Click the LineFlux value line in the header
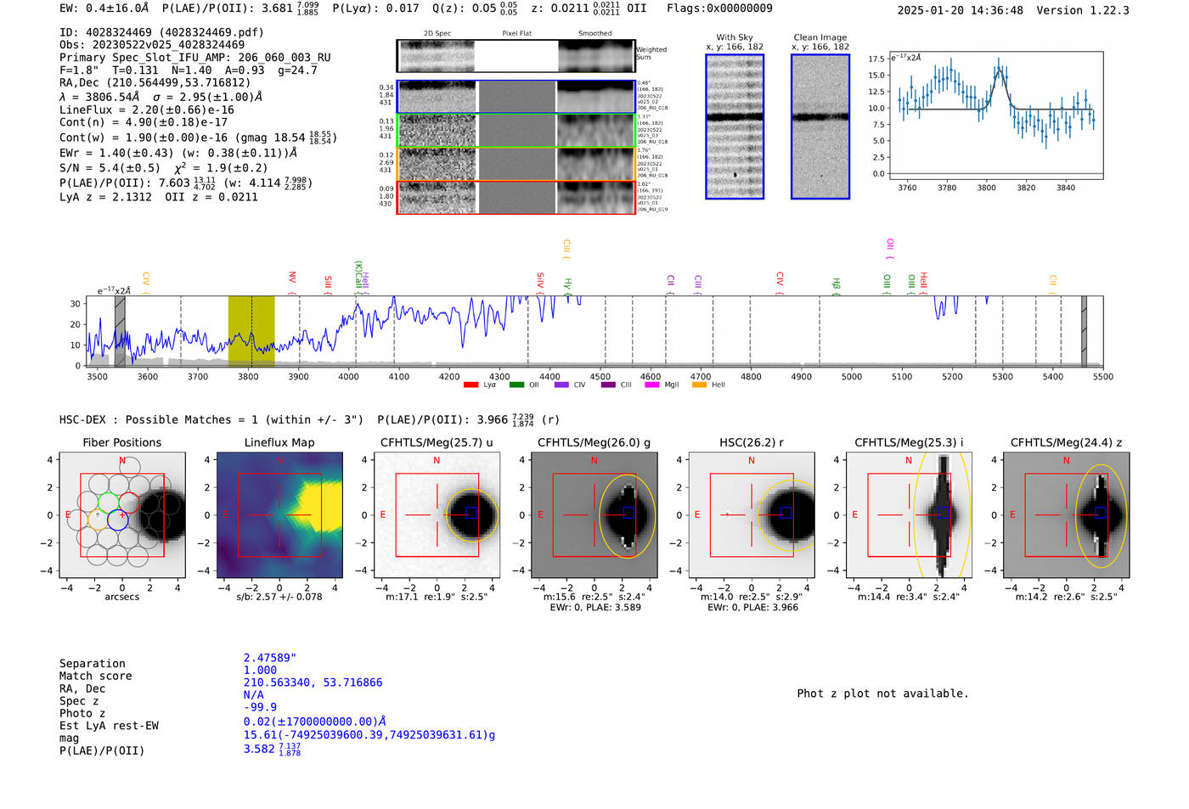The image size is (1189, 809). (x=147, y=110)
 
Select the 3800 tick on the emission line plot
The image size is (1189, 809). (x=986, y=188)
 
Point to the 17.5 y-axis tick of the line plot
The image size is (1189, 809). (x=876, y=59)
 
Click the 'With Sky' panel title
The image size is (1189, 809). (x=735, y=37)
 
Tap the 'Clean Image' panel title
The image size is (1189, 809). (x=820, y=37)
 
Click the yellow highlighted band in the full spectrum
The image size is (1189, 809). (x=251, y=330)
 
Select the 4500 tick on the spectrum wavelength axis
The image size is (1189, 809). (x=600, y=377)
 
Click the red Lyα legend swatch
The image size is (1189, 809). (x=471, y=385)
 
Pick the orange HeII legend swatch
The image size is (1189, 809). (x=699, y=385)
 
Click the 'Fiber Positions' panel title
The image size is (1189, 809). (x=121, y=442)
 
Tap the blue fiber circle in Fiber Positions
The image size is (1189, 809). (x=117, y=520)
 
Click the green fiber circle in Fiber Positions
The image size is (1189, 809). (x=108, y=501)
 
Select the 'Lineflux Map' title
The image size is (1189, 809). (x=279, y=442)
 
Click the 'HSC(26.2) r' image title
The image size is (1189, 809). (x=751, y=442)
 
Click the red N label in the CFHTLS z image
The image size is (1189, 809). (x=1066, y=460)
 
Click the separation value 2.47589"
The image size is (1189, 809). (x=269, y=658)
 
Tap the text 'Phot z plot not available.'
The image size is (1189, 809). (x=882, y=694)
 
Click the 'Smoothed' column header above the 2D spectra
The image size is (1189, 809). (x=594, y=34)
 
